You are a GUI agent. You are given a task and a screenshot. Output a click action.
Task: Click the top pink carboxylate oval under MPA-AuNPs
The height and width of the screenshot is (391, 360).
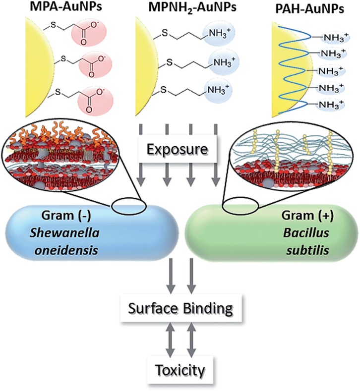(x=93, y=36)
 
